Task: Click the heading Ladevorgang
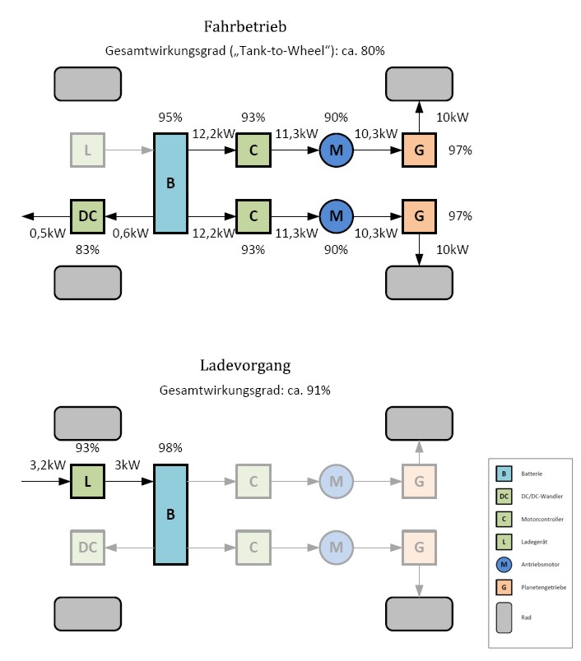pos(244,364)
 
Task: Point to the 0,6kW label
pos(131,233)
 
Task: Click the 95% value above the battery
pos(170,118)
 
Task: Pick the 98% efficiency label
pos(170,447)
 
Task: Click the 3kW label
pos(128,464)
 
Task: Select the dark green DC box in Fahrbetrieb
pos(87,215)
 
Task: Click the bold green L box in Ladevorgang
pos(87,481)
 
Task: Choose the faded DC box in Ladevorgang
pos(87,547)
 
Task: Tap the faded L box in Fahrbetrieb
pos(87,150)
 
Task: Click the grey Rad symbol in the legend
pos(503,617)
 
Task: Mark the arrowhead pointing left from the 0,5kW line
pos(28,215)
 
